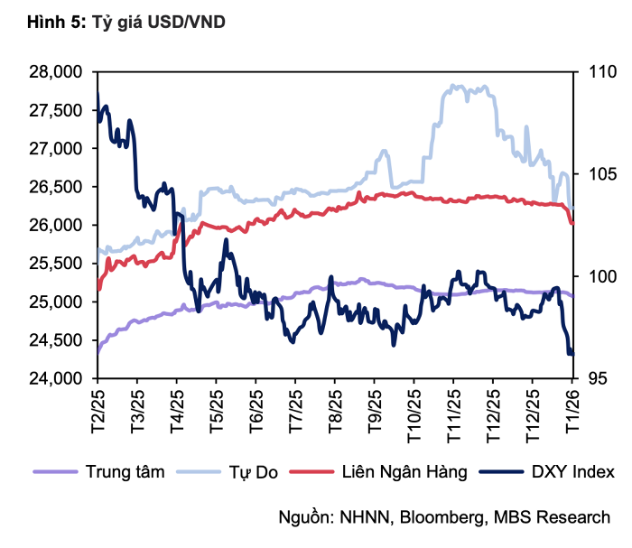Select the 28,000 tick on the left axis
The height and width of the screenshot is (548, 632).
click(x=59, y=71)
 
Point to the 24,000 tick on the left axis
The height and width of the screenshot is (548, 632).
click(x=59, y=379)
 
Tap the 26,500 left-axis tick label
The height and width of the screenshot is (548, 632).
click(x=59, y=187)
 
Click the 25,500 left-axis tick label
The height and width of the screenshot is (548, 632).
click(x=59, y=264)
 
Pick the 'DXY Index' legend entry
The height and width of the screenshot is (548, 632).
click(x=572, y=471)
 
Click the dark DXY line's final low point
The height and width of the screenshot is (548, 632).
click(x=571, y=353)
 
